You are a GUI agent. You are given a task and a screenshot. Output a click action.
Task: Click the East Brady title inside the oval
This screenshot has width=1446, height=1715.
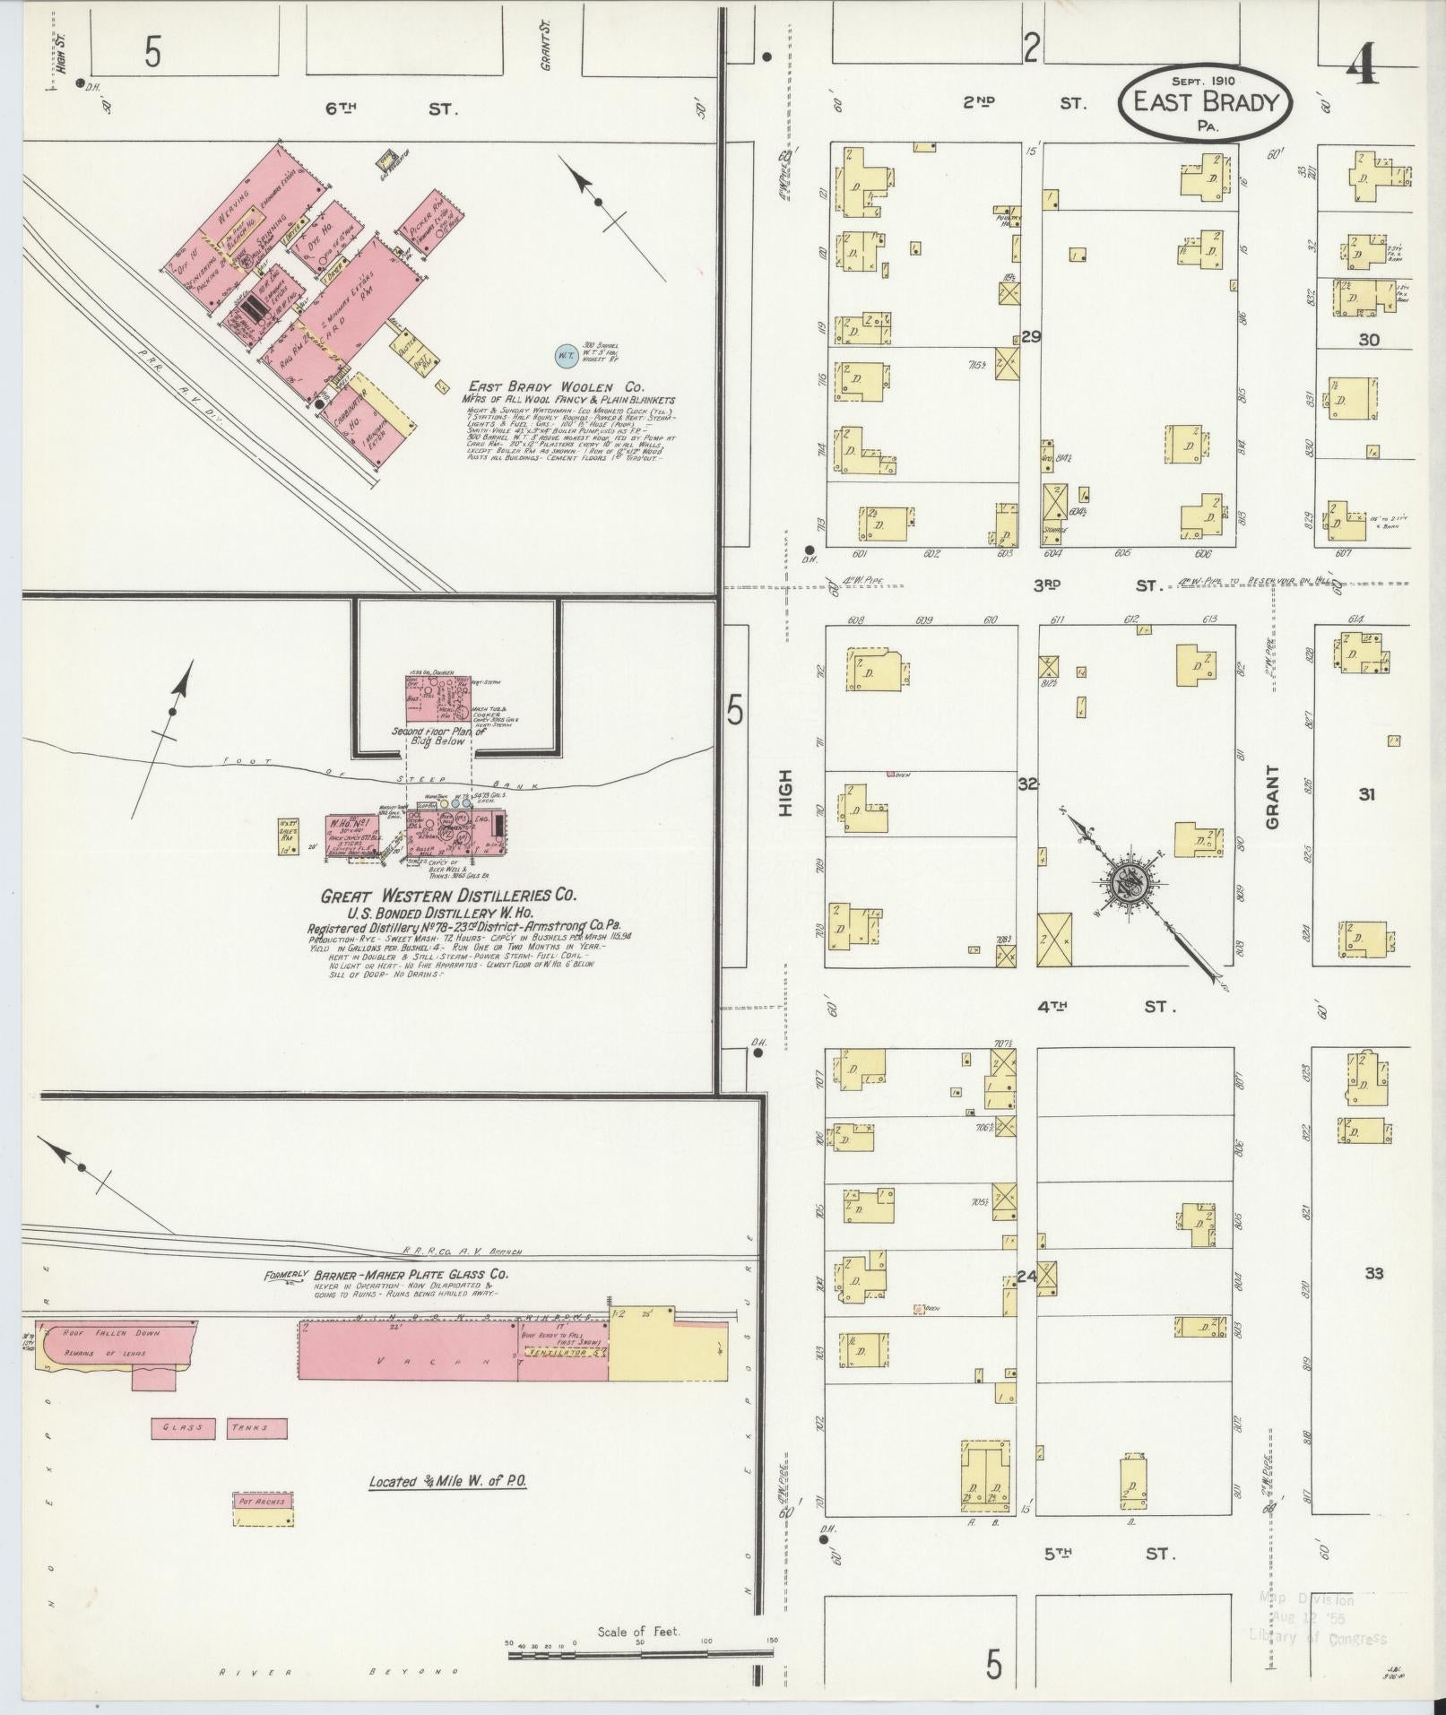coord(1204,101)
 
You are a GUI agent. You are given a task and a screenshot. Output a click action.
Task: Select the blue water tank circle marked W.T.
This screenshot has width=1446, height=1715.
coord(567,355)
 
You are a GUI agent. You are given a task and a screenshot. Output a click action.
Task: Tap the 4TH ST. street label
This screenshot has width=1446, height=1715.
coord(1106,1007)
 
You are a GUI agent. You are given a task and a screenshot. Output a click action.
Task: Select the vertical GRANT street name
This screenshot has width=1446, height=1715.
coord(1273,796)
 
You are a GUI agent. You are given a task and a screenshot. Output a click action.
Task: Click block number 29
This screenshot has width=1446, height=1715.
coord(1031,336)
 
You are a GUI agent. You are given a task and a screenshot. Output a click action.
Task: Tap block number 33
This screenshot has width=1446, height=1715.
coord(1373,1273)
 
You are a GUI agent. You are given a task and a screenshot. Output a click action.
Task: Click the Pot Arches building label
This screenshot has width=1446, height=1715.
coord(263,1502)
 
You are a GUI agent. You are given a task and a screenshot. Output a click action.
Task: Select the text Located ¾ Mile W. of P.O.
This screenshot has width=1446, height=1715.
coord(447,1482)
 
